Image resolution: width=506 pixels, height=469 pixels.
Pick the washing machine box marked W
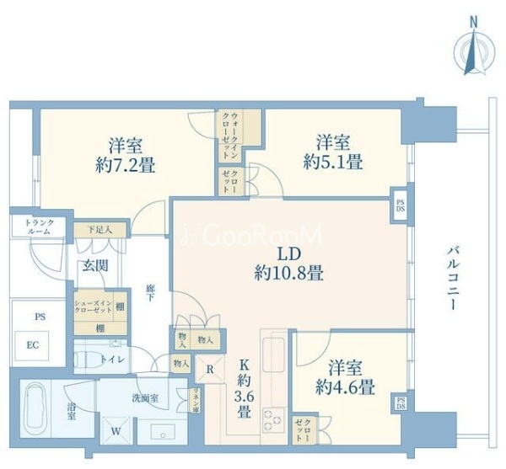pyautogui.click(x=116, y=429)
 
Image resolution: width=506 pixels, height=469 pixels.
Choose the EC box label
pyautogui.click(x=33, y=344)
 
